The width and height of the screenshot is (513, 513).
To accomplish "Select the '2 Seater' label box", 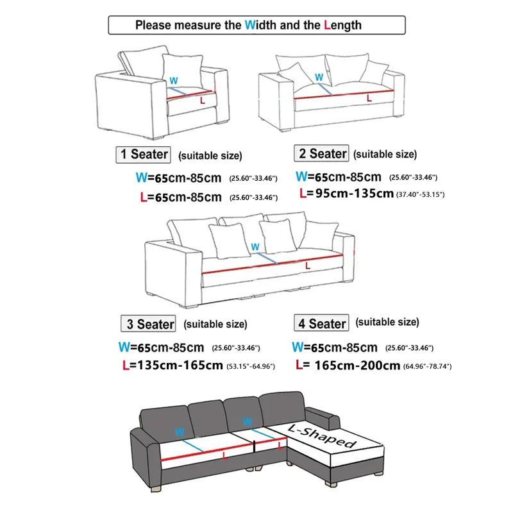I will pos(321,153).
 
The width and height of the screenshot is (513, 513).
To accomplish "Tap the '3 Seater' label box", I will pos(148,324).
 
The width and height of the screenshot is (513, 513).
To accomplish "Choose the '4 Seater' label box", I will pos(321,323).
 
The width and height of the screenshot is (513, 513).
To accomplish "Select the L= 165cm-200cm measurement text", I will pos(349,366).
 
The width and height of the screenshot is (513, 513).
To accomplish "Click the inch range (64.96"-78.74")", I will pos(428,366).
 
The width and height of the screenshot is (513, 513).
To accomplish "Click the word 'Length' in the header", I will pos(343,26).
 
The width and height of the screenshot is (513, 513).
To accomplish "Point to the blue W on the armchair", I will pos(172,81).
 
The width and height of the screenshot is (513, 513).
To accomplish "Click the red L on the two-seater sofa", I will pos(368,98).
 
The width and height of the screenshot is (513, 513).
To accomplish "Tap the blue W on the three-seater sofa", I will pos(255,247).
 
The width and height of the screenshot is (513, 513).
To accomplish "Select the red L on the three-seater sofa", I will pos(308,265).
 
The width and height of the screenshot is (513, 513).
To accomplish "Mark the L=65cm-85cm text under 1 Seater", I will pos(180,197).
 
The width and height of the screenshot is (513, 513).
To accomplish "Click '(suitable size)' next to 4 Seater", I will pos(387,322).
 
